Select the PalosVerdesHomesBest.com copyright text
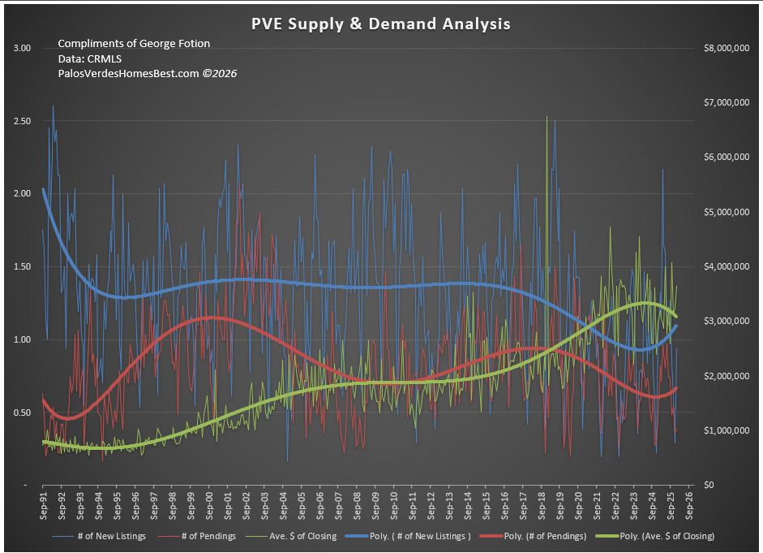(x=147, y=73)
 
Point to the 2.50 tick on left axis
(x=22, y=121)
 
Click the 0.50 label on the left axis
(x=22, y=413)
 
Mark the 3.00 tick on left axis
(x=22, y=49)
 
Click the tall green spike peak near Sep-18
(x=547, y=117)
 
